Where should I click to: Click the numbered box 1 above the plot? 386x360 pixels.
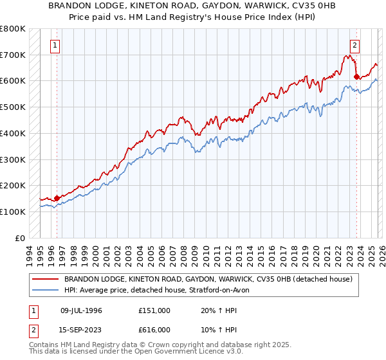tap(55, 46)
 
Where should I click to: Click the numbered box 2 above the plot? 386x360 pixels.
tap(354, 46)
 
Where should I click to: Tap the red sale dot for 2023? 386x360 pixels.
tap(356, 76)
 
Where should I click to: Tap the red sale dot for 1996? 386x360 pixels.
tap(57, 198)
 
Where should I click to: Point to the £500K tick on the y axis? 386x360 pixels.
tap(13, 107)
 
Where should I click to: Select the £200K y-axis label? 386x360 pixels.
tap(13, 185)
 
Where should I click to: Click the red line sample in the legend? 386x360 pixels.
tap(46, 280)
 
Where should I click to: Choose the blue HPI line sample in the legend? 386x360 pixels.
tap(46, 291)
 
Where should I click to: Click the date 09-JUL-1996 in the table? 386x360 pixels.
tap(81, 310)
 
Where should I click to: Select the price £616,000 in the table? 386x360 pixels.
tap(154, 329)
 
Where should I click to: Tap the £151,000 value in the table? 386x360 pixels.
tap(154, 310)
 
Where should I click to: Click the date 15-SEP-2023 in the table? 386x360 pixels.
tap(81, 329)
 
